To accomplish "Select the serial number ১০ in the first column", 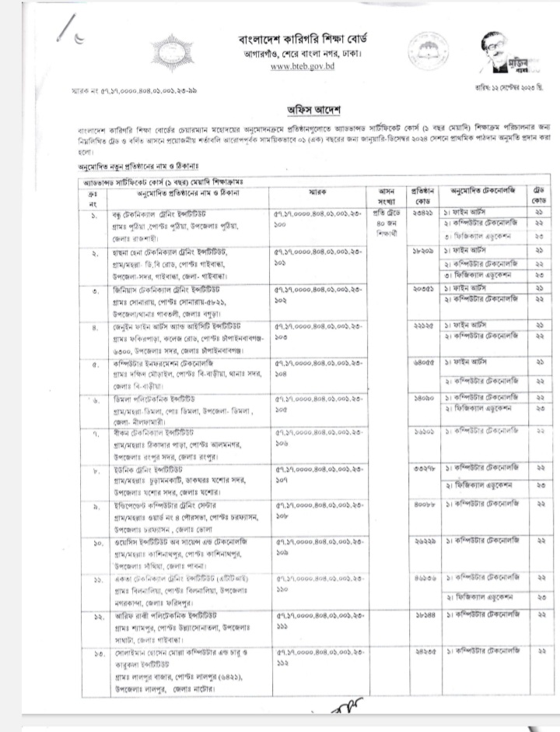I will point(93,541).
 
